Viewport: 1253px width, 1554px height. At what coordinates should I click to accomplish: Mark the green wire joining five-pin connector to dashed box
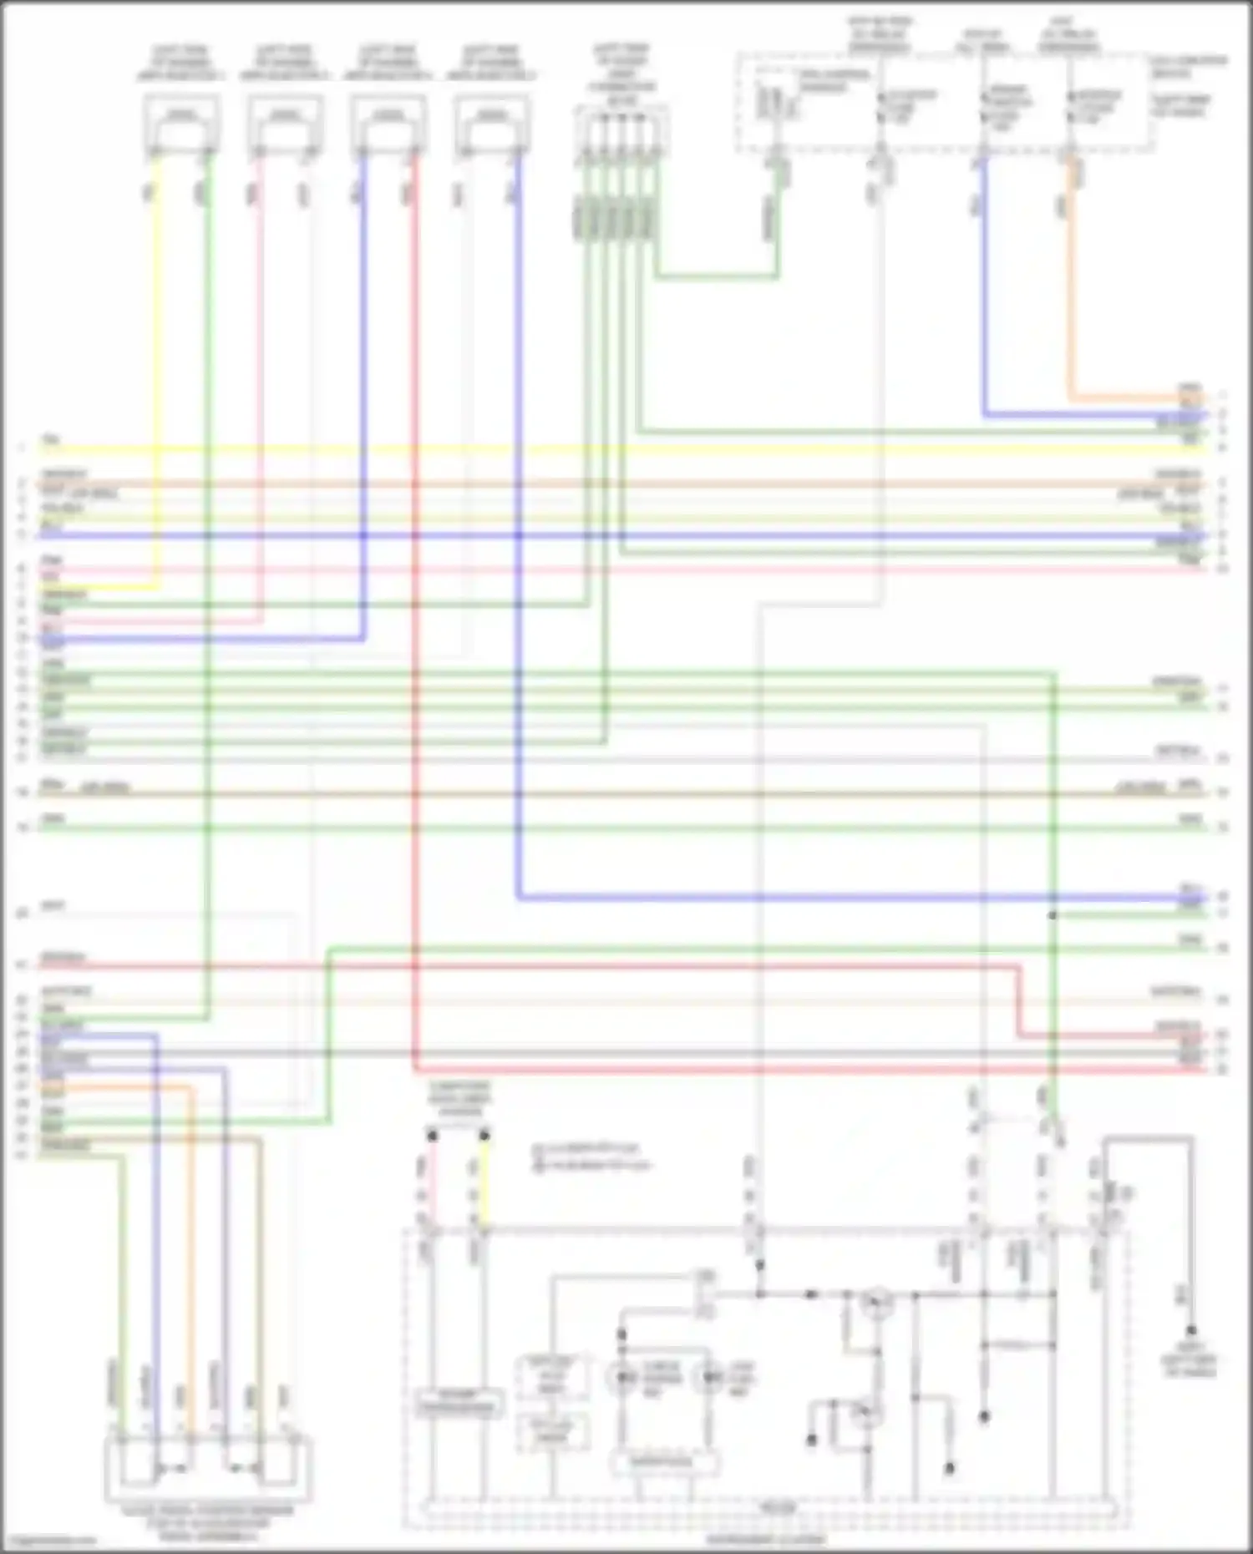pos(718,275)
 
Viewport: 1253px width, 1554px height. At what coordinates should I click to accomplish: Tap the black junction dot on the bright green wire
pos(1053,916)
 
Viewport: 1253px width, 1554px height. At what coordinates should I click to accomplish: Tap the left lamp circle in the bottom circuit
pos(622,1376)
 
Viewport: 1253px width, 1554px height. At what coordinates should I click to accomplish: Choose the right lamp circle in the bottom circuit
pos(710,1376)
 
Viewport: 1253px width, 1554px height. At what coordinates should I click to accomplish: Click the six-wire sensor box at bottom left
pos(208,1467)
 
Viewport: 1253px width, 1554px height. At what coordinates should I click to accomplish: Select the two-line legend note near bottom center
pos(591,1157)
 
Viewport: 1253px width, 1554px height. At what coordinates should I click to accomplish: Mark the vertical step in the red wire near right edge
pos(1020,1000)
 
